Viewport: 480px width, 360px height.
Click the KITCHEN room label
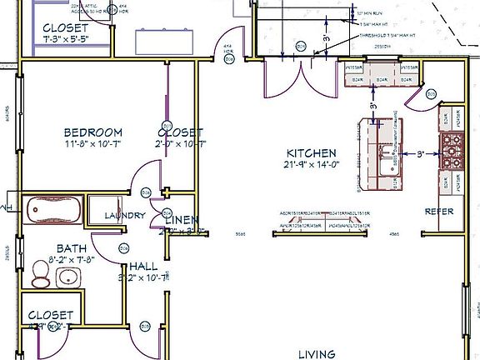click(x=311, y=153)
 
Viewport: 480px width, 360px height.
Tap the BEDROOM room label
click(x=93, y=132)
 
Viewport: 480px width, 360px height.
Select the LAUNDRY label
click(x=125, y=216)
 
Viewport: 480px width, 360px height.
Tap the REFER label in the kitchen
click(x=439, y=212)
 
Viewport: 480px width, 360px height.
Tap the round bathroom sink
click(x=68, y=277)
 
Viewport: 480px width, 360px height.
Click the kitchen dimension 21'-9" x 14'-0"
click(x=311, y=165)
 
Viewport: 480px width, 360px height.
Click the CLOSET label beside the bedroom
click(x=180, y=132)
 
